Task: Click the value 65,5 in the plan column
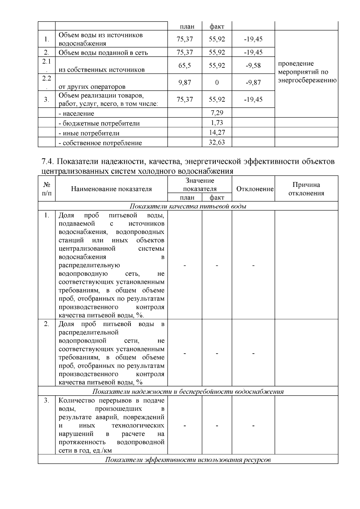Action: [x=184, y=65]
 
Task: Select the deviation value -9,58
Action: [x=253, y=65]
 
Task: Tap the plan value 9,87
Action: [x=184, y=82]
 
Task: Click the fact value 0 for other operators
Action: [x=217, y=82]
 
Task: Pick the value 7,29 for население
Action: [x=217, y=113]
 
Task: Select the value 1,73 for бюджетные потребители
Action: [x=217, y=123]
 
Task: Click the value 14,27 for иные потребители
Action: [x=217, y=133]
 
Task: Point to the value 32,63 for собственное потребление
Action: [x=217, y=142]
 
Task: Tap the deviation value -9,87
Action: [x=253, y=82]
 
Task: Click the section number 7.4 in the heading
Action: [x=47, y=162]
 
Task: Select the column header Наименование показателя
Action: [x=111, y=189]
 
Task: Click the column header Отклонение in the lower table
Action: [x=255, y=189]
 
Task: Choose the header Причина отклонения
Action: [x=306, y=189]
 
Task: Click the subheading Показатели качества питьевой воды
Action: [x=188, y=206]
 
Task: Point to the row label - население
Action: [x=76, y=114]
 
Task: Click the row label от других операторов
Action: [x=92, y=87]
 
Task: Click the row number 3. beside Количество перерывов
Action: [x=46, y=401]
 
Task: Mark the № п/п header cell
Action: [x=46, y=189]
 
